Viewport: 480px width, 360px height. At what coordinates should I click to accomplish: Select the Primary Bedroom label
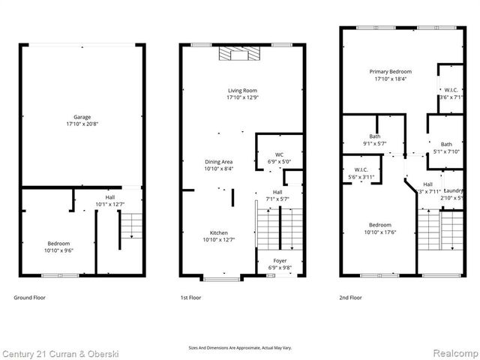point(390,75)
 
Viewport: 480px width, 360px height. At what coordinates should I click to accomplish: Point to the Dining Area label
point(219,166)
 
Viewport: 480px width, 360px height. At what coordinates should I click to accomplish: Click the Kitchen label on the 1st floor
point(219,236)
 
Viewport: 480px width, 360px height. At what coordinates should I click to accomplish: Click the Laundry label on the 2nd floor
point(453,193)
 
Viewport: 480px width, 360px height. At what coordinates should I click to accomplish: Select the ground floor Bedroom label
point(59,247)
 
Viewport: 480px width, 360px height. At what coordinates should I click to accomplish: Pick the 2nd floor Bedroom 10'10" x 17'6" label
point(379,228)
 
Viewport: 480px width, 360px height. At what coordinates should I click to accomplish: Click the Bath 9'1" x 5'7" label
point(373,140)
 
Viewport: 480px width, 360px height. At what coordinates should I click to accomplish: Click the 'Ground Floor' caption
point(30,298)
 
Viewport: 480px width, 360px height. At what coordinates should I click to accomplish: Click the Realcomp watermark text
point(454,353)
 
